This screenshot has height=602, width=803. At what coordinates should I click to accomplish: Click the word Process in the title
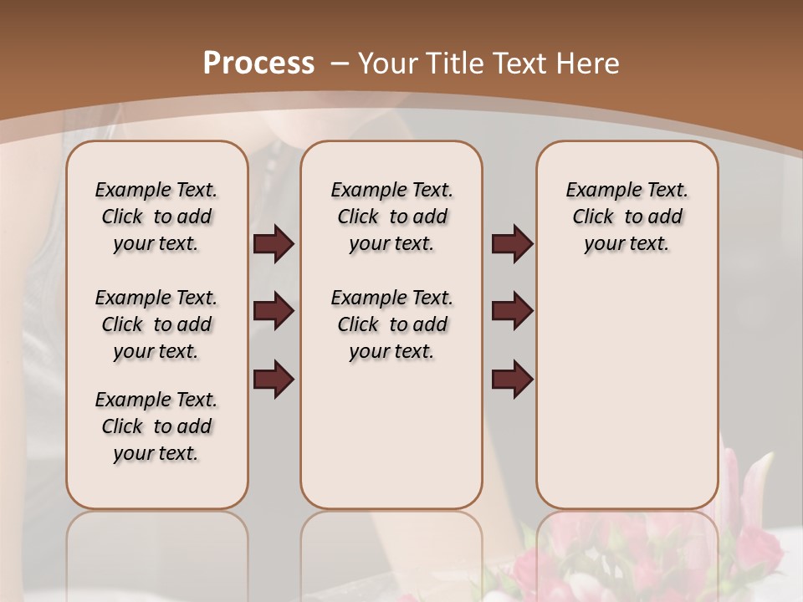(x=258, y=64)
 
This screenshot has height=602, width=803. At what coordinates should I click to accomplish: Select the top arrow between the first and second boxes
(x=274, y=244)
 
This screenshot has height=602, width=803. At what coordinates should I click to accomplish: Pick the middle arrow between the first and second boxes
(x=274, y=312)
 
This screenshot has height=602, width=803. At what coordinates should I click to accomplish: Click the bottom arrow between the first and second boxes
(x=274, y=379)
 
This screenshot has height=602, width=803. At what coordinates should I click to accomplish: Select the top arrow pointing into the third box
(x=512, y=244)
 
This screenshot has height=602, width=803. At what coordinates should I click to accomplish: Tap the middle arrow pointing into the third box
(x=512, y=312)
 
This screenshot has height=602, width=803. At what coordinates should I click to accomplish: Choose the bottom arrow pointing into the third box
(x=512, y=379)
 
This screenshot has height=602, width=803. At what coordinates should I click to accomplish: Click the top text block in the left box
(x=156, y=217)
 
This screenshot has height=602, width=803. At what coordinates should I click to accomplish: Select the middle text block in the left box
(x=156, y=324)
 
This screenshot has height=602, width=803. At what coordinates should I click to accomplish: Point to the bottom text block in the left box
(x=156, y=426)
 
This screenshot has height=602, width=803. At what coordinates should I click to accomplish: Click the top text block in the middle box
(x=391, y=217)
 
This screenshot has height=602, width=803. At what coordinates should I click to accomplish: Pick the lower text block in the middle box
(x=391, y=324)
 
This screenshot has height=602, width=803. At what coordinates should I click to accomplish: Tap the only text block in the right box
(x=627, y=217)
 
